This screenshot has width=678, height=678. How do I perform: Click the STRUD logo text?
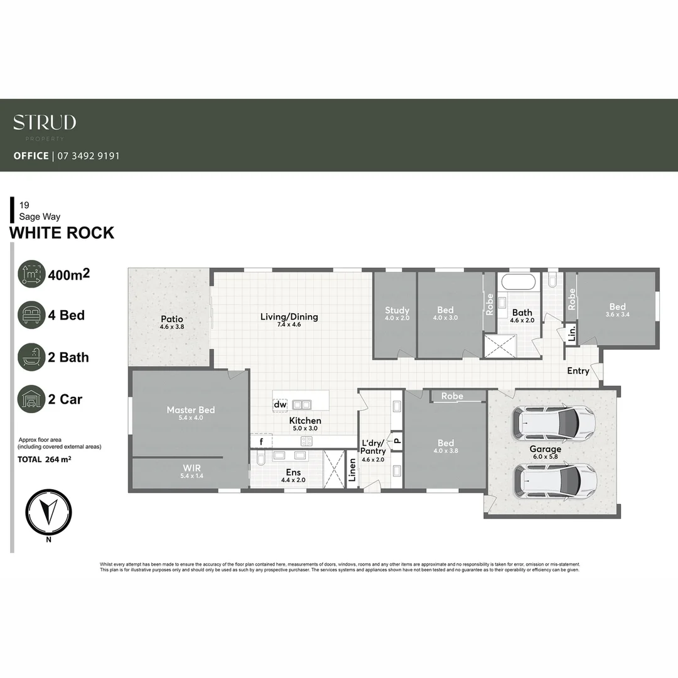click(x=45, y=122)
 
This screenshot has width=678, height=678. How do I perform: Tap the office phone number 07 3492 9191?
click(x=88, y=156)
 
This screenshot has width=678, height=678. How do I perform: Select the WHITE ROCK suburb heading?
click(x=62, y=233)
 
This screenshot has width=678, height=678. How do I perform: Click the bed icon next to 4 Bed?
click(x=31, y=315)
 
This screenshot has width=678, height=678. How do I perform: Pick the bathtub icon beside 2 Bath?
click(x=31, y=357)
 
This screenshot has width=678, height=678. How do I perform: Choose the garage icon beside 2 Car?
click(x=31, y=399)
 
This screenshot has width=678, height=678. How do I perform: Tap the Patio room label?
click(x=171, y=319)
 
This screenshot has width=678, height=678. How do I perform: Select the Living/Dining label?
click(x=289, y=316)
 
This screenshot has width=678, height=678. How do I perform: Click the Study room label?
click(x=397, y=310)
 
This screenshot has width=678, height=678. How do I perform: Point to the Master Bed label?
click(x=190, y=410)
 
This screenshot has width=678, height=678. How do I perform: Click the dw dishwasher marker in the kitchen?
click(x=280, y=405)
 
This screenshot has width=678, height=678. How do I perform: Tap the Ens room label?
click(x=293, y=473)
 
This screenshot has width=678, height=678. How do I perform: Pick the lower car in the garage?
click(x=555, y=480)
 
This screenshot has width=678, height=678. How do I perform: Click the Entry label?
click(x=578, y=371)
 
